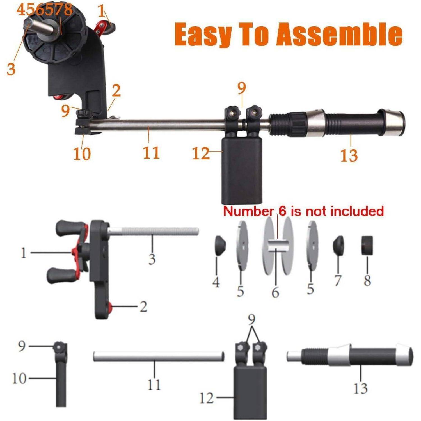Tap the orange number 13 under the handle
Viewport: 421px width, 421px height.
point(349,155)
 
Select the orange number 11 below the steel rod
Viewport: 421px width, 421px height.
point(151,152)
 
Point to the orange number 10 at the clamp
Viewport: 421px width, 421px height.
point(82,154)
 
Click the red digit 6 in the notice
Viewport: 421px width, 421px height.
point(283,211)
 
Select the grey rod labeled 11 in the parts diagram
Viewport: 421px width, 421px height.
point(159,356)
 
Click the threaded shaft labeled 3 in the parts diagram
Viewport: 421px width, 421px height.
point(153,232)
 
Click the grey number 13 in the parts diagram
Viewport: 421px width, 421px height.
point(360,388)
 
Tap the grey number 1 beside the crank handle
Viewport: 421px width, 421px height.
point(24,253)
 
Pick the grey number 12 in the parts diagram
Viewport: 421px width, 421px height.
point(207,398)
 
